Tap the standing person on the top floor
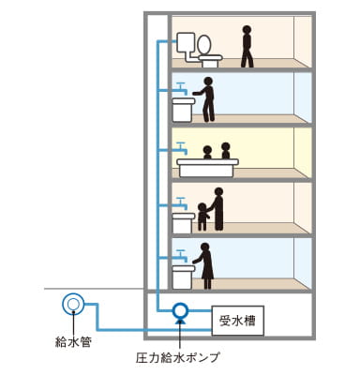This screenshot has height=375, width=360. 247,46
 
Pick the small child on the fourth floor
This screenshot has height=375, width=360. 202,216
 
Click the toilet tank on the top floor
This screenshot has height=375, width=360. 185,42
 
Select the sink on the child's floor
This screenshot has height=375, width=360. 183,221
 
